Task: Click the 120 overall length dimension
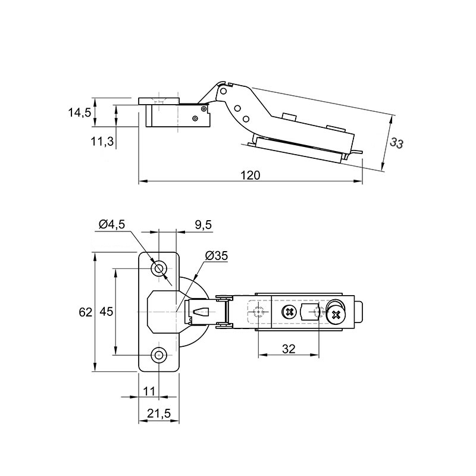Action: pyautogui.click(x=250, y=176)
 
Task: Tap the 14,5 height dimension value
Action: pyautogui.click(x=80, y=112)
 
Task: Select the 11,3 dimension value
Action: pyautogui.click(x=102, y=141)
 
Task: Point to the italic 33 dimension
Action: pyautogui.click(x=396, y=143)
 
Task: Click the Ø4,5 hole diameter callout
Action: pyautogui.click(x=112, y=224)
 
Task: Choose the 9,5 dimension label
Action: pyautogui.click(x=203, y=225)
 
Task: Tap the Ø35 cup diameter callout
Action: pyautogui.click(x=216, y=256)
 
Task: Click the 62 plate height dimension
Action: pyautogui.click(x=85, y=312)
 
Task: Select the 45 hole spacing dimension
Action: pyautogui.click(x=107, y=311)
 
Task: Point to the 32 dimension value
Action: pyautogui.click(x=289, y=349)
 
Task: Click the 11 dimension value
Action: pyautogui.click(x=149, y=392)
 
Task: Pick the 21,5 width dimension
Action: pyautogui.click(x=159, y=413)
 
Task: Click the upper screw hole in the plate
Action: pyautogui.click(x=159, y=269)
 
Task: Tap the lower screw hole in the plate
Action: pyautogui.click(x=159, y=355)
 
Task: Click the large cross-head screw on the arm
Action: pyautogui.click(x=336, y=315)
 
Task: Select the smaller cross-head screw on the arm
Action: pyautogui.click(x=289, y=312)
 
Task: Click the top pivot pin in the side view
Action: pyautogui.click(x=224, y=91)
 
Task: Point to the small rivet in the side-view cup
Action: pyautogui.click(x=195, y=118)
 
